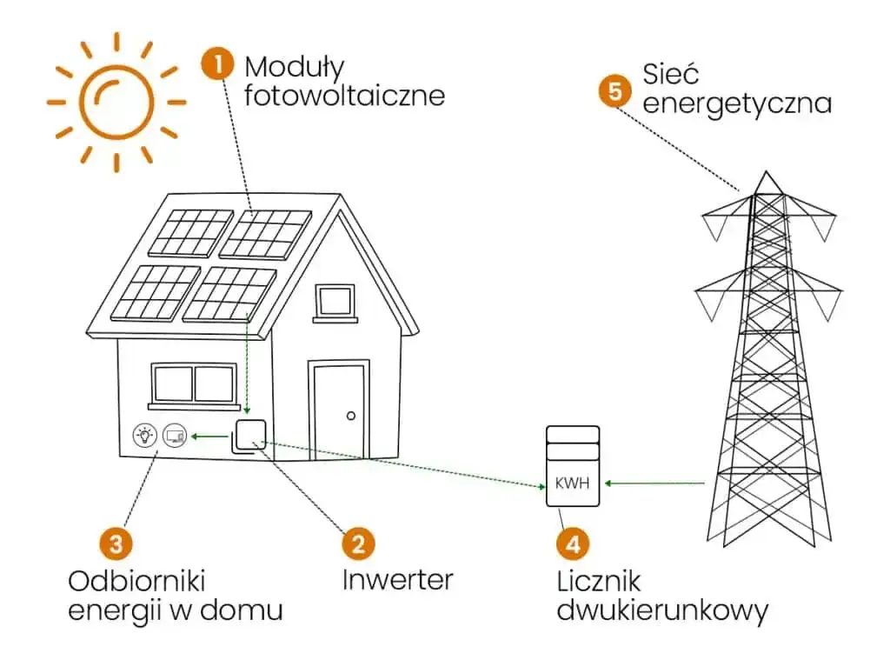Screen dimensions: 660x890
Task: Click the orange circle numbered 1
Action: tap(217, 65)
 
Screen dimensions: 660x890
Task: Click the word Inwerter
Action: tap(397, 578)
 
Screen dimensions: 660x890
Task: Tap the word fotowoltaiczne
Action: tap(344, 94)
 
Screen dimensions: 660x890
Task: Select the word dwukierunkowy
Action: tap(662, 610)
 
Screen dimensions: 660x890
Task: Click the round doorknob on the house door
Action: tap(351, 416)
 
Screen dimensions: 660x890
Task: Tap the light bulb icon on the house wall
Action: tap(144, 434)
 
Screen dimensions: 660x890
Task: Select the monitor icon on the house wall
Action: tap(174, 434)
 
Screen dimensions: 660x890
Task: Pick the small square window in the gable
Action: tap(335, 301)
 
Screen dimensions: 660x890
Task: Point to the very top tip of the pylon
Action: tap(766, 172)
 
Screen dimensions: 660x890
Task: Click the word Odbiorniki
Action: tap(136, 580)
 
